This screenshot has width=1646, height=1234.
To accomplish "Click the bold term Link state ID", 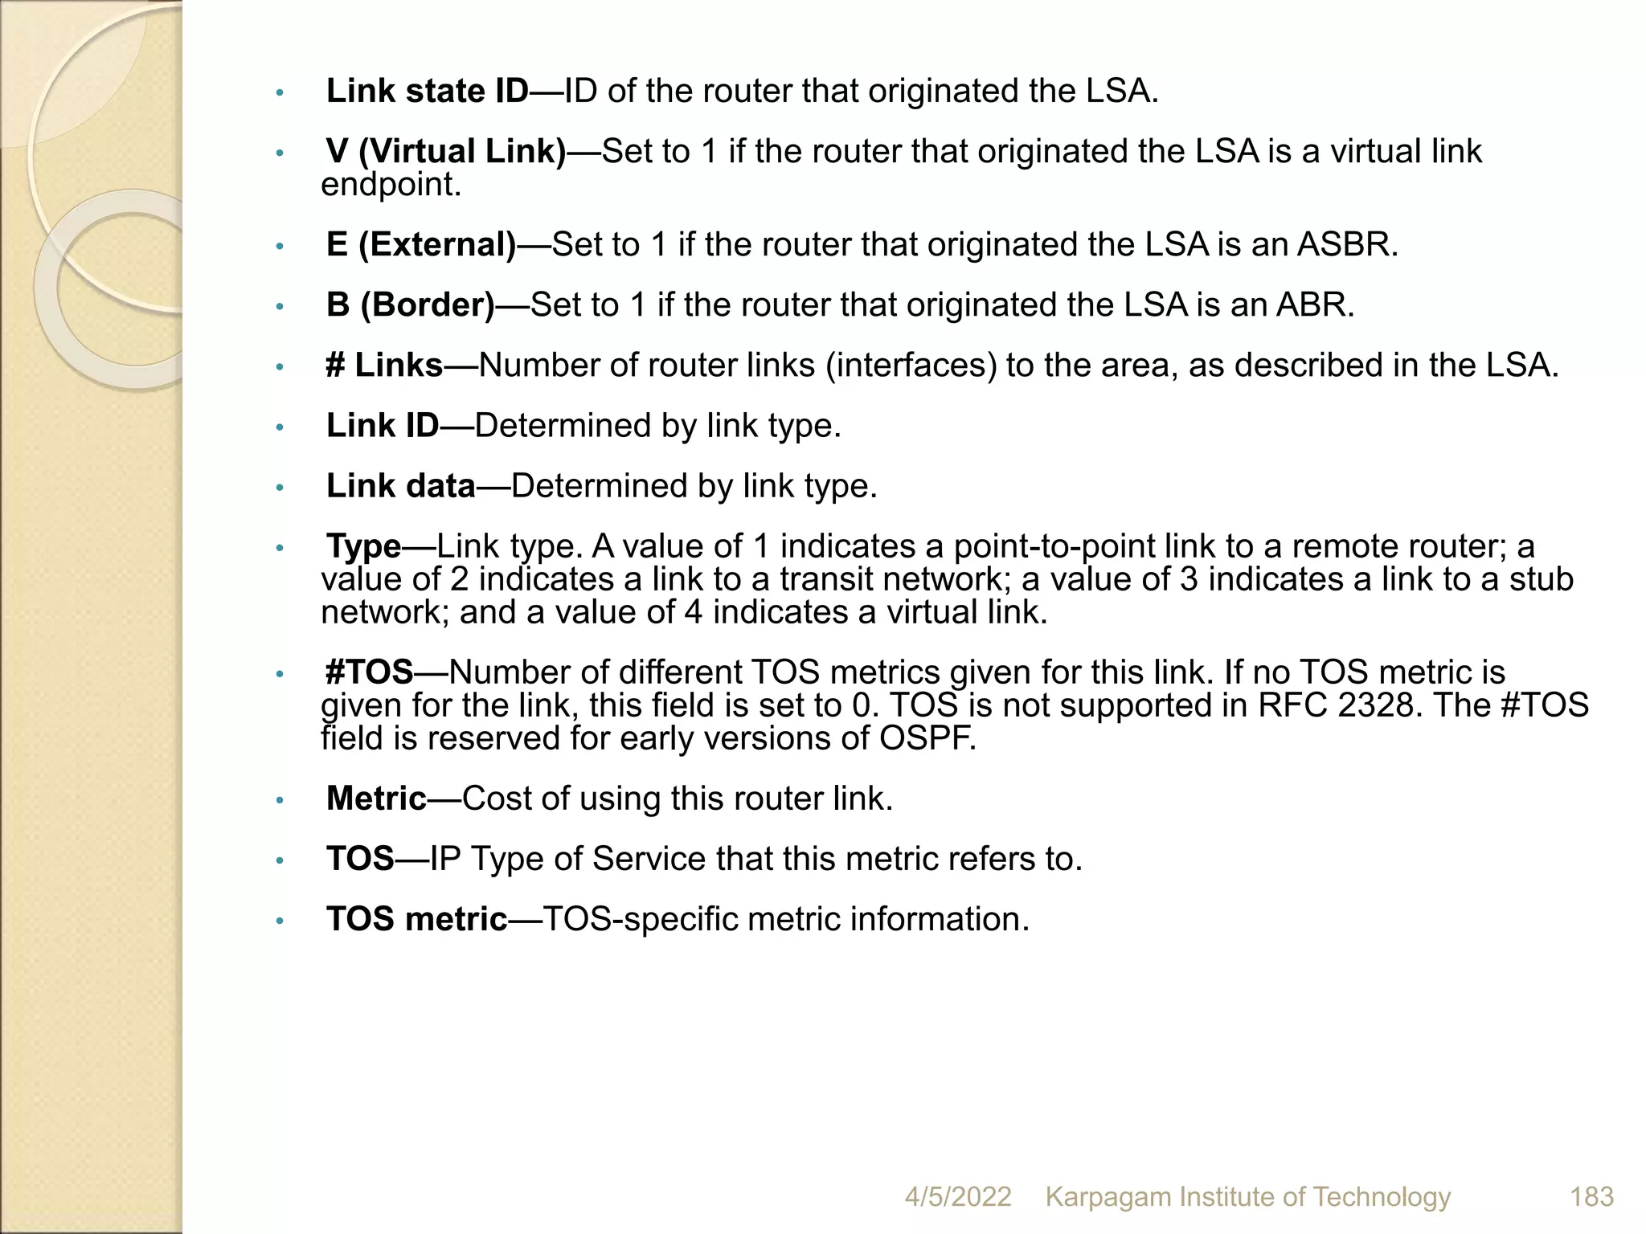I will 427,92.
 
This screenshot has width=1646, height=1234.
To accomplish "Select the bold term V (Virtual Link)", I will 446,152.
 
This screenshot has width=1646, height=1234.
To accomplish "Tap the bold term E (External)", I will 421,244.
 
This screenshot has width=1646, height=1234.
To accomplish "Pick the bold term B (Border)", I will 411,304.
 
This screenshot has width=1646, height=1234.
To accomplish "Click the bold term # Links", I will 384,366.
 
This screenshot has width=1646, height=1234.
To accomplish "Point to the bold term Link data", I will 401,486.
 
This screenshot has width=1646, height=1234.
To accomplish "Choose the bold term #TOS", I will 369,672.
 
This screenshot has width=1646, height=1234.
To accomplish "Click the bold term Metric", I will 376,799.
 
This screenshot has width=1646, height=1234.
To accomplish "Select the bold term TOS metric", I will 417,919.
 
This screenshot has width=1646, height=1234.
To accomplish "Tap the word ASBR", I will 1347,244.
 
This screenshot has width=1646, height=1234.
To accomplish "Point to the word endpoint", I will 391,185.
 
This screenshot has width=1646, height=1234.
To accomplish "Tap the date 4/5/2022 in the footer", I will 957,1196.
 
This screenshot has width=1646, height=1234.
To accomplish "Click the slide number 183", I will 1591,1196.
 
